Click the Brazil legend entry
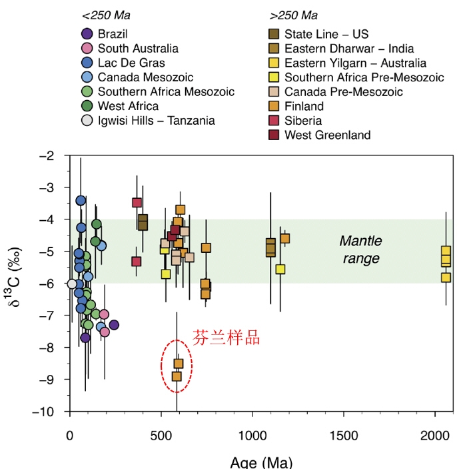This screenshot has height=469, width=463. pos(112,34)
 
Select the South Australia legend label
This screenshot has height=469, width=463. pos(138,48)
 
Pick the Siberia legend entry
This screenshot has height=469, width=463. pos(303,121)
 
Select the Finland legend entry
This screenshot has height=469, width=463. pos(304,107)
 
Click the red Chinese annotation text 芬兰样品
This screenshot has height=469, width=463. pos(226,338)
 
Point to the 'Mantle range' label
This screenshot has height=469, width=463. pos(359,249)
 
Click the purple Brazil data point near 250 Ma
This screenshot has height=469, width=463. pos(114,325)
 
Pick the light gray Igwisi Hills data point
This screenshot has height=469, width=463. pos(72,284)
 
